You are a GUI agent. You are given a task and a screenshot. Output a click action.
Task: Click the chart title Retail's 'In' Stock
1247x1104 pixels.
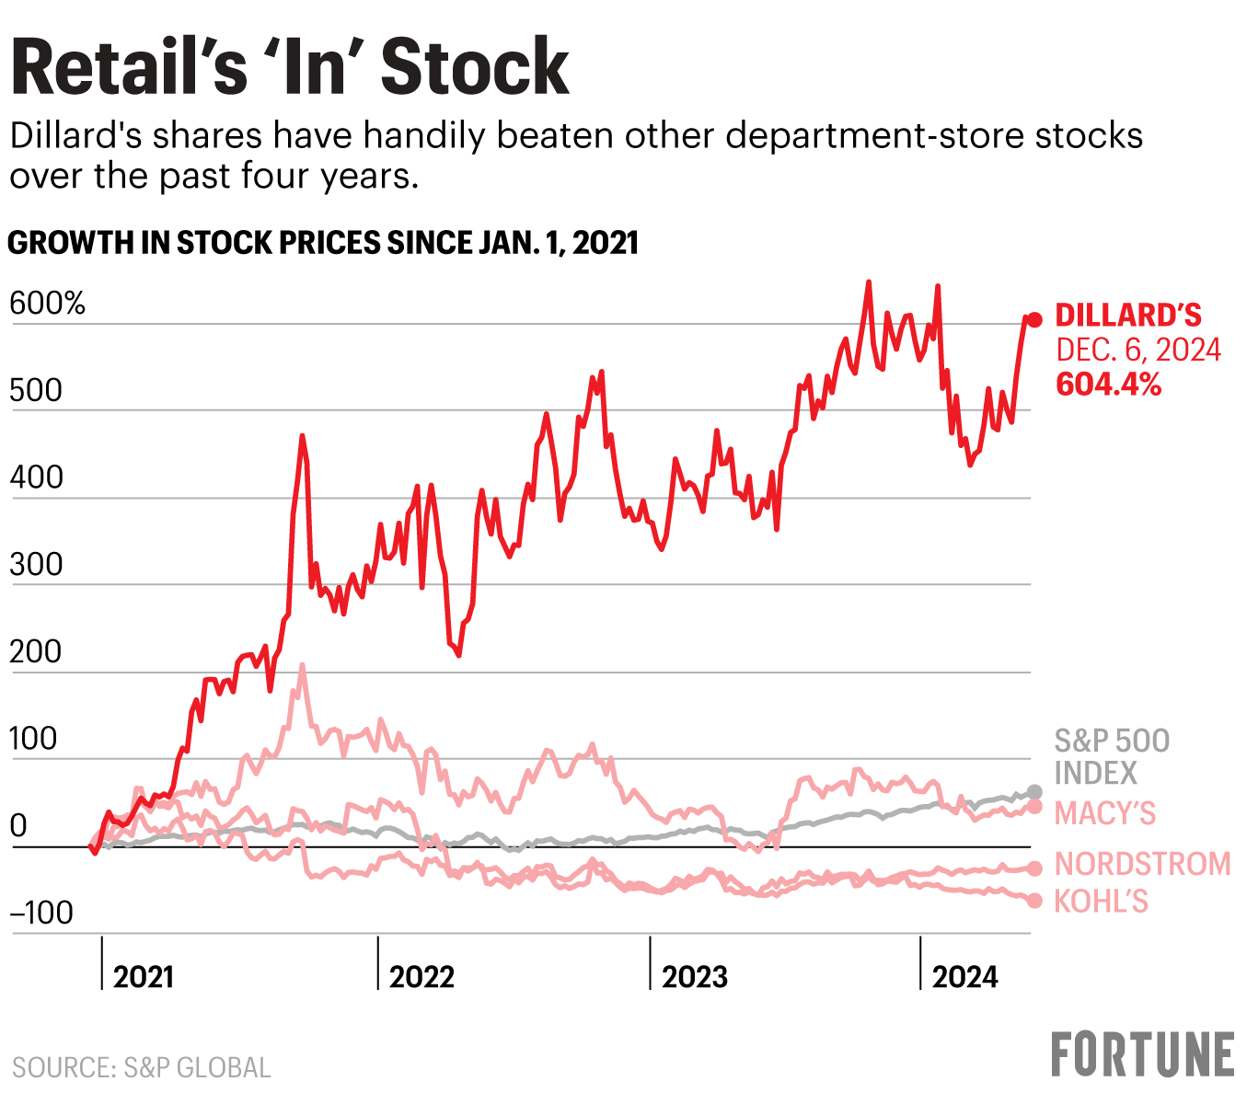[x=290, y=67]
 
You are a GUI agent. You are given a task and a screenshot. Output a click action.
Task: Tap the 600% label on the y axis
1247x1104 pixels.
[x=48, y=304]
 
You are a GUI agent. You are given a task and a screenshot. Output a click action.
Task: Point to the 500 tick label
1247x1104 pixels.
[x=36, y=391]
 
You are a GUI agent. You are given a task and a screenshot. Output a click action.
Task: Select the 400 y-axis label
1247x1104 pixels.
[x=36, y=478]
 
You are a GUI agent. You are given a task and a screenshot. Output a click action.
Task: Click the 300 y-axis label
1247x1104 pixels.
[x=36, y=565]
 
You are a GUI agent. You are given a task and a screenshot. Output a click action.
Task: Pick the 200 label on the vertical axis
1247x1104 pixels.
[x=36, y=652]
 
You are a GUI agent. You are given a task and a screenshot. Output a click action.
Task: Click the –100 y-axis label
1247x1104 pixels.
[x=41, y=914]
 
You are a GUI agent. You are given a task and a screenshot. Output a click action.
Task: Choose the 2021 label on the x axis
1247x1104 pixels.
[x=144, y=976]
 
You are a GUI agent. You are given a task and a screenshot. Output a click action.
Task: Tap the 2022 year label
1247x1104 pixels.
[x=421, y=976]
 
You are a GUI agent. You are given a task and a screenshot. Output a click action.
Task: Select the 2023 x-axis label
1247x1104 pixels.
[x=695, y=976]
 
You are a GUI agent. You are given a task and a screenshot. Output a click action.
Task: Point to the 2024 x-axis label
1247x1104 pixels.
[x=964, y=976]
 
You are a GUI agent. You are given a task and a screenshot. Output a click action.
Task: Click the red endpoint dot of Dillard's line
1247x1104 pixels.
[x=1034, y=320]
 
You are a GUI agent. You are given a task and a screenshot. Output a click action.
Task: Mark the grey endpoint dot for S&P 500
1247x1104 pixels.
[x=1034, y=792]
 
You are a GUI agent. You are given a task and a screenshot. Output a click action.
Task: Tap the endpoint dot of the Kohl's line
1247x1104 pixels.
[x=1034, y=901]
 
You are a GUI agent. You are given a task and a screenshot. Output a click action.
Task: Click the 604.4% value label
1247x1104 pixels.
[x=1108, y=384]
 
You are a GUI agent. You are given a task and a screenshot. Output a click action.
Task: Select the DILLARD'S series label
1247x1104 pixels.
[x=1128, y=316]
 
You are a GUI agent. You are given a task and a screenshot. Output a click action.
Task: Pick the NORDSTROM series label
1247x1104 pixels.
[x=1142, y=864]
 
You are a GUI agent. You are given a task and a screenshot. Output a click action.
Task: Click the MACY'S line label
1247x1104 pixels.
[x=1104, y=813]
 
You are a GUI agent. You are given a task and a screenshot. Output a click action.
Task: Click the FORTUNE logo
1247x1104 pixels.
[x=1142, y=1054]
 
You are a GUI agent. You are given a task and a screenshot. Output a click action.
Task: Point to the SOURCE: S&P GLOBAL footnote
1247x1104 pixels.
[x=142, y=1067]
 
